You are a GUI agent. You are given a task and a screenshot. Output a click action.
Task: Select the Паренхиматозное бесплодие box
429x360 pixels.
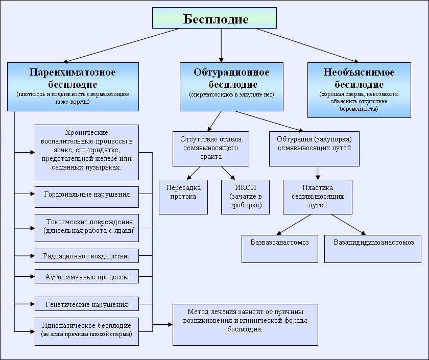pyautogui.click(x=73, y=86)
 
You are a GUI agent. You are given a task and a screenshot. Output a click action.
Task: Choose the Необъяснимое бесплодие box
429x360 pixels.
pyautogui.click(x=359, y=90)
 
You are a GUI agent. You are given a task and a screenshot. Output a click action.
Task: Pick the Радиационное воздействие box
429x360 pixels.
pyautogui.click(x=87, y=256)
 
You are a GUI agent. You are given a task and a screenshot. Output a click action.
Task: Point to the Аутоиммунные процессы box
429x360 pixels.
pyautogui.click(x=87, y=277)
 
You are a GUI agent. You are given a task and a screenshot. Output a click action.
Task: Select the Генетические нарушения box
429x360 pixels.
pyautogui.click(x=87, y=304)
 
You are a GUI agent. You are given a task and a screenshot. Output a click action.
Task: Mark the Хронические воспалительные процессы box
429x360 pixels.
pyautogui.click(x=87, y=152)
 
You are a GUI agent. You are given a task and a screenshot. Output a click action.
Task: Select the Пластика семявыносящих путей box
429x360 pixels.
pyautogui.click(x=318, y=197)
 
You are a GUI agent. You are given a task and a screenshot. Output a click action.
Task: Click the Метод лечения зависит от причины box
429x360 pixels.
pyautogui.click(x=245, y=324)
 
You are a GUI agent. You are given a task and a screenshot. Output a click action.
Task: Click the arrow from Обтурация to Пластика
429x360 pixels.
pyautogui.click(x=318, y=172)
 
